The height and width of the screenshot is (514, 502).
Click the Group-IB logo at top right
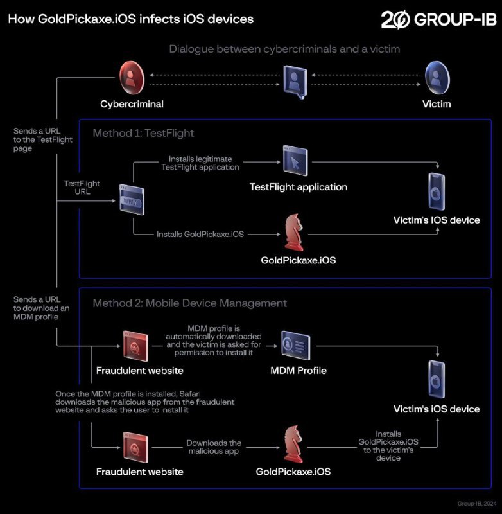(438, 20)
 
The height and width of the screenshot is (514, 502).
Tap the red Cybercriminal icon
(131, 77)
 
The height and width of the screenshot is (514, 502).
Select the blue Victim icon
(437, 77)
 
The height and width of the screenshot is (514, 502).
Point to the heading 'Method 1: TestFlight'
(143, 133)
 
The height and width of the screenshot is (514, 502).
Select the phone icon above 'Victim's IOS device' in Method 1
(436, 191)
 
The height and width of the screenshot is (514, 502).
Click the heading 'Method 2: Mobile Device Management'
(189, 303)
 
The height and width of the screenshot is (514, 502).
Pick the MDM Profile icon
(295, 346)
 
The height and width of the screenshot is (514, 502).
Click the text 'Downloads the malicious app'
(214, 447)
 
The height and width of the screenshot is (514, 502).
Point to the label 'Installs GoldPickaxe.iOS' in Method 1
(200, 235)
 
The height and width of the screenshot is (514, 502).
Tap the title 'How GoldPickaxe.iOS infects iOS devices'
(130, 19)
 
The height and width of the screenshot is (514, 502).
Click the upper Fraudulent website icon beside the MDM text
(136, 347)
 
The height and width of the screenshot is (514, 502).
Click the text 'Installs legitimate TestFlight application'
(200, 163)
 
